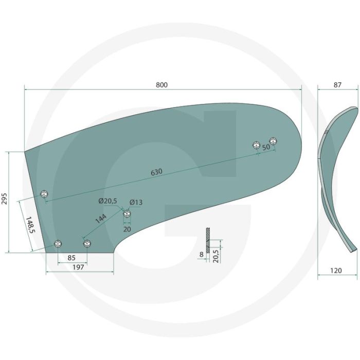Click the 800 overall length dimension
pyautogui.click(x=162, y=85)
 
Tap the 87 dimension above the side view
pyautogui.click(x=337, y=85)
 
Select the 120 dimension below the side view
pyautogui.click(x=336, y=271)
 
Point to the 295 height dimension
pyautogui.click(x=5, y=199)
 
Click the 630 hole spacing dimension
pyautogui.click(x=156, y=172)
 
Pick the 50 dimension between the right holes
pyautogui.click(x=266, y=147)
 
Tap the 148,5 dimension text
pyautogui.click(x=30, y=225)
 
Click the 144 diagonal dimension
pyautogui.click(x=101, y=219)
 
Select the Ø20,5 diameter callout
pyautogui.click(x=107, y=201)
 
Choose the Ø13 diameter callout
pyautogui.click(x=136, y=202)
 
